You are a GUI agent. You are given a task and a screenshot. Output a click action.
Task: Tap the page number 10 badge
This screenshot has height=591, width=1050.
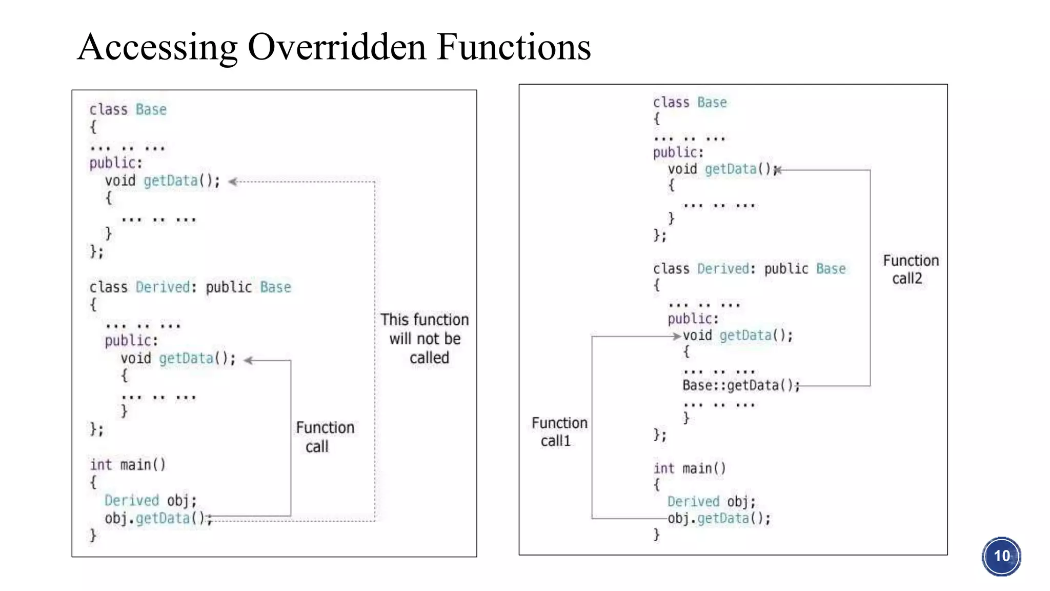[1001, 556]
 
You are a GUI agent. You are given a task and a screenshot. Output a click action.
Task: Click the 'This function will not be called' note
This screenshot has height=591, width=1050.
[425, 339]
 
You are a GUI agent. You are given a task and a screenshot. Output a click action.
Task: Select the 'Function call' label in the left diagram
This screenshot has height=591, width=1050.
[325, 437]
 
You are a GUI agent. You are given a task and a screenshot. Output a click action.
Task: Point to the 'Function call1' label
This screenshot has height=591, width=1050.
[559, 431]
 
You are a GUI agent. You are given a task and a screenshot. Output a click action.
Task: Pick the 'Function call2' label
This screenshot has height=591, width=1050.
[910, 269]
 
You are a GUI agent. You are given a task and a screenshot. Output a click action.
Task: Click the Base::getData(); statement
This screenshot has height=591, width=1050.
[740, 385]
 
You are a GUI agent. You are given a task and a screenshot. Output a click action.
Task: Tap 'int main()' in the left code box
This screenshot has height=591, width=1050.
[128, 465]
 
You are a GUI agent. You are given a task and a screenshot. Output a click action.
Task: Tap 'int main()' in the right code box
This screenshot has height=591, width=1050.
[689, 468]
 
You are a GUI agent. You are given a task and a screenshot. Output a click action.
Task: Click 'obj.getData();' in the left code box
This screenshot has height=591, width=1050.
[157, 518]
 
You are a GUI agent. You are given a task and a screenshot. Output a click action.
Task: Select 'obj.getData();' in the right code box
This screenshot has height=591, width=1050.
[719, 518]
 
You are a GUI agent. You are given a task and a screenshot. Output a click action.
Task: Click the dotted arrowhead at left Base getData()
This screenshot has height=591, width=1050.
[233, 182]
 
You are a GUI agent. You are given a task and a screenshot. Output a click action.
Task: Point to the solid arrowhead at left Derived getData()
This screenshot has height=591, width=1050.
[248, 361]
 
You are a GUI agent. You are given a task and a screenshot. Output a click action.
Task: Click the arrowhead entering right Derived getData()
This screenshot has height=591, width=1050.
[677, 337]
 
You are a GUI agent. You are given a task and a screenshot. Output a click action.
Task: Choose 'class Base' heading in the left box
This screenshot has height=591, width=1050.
[128, 110]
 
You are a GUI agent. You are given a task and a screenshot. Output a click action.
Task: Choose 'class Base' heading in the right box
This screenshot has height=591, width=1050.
[689, 103]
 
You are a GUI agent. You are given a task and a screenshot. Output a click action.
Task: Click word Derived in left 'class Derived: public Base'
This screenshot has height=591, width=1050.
[163, 287]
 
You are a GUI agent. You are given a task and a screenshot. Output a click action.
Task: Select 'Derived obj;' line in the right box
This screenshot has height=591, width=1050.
[711, 501]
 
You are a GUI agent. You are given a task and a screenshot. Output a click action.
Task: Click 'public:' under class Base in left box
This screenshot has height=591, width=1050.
[115, 163]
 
